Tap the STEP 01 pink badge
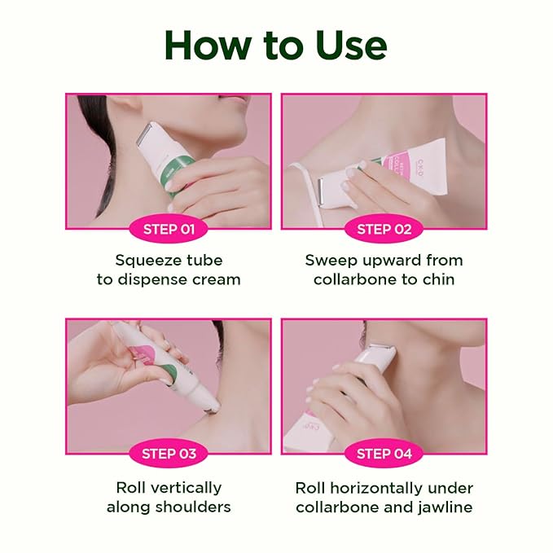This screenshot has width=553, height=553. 169,229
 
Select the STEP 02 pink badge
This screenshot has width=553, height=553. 384,229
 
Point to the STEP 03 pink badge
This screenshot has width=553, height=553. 169,454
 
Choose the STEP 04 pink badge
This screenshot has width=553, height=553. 384,454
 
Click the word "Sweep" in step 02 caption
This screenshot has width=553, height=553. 331,261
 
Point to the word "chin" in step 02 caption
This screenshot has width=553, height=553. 445,280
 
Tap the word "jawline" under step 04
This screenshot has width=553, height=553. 443,507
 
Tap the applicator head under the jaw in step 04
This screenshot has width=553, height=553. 381,353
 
